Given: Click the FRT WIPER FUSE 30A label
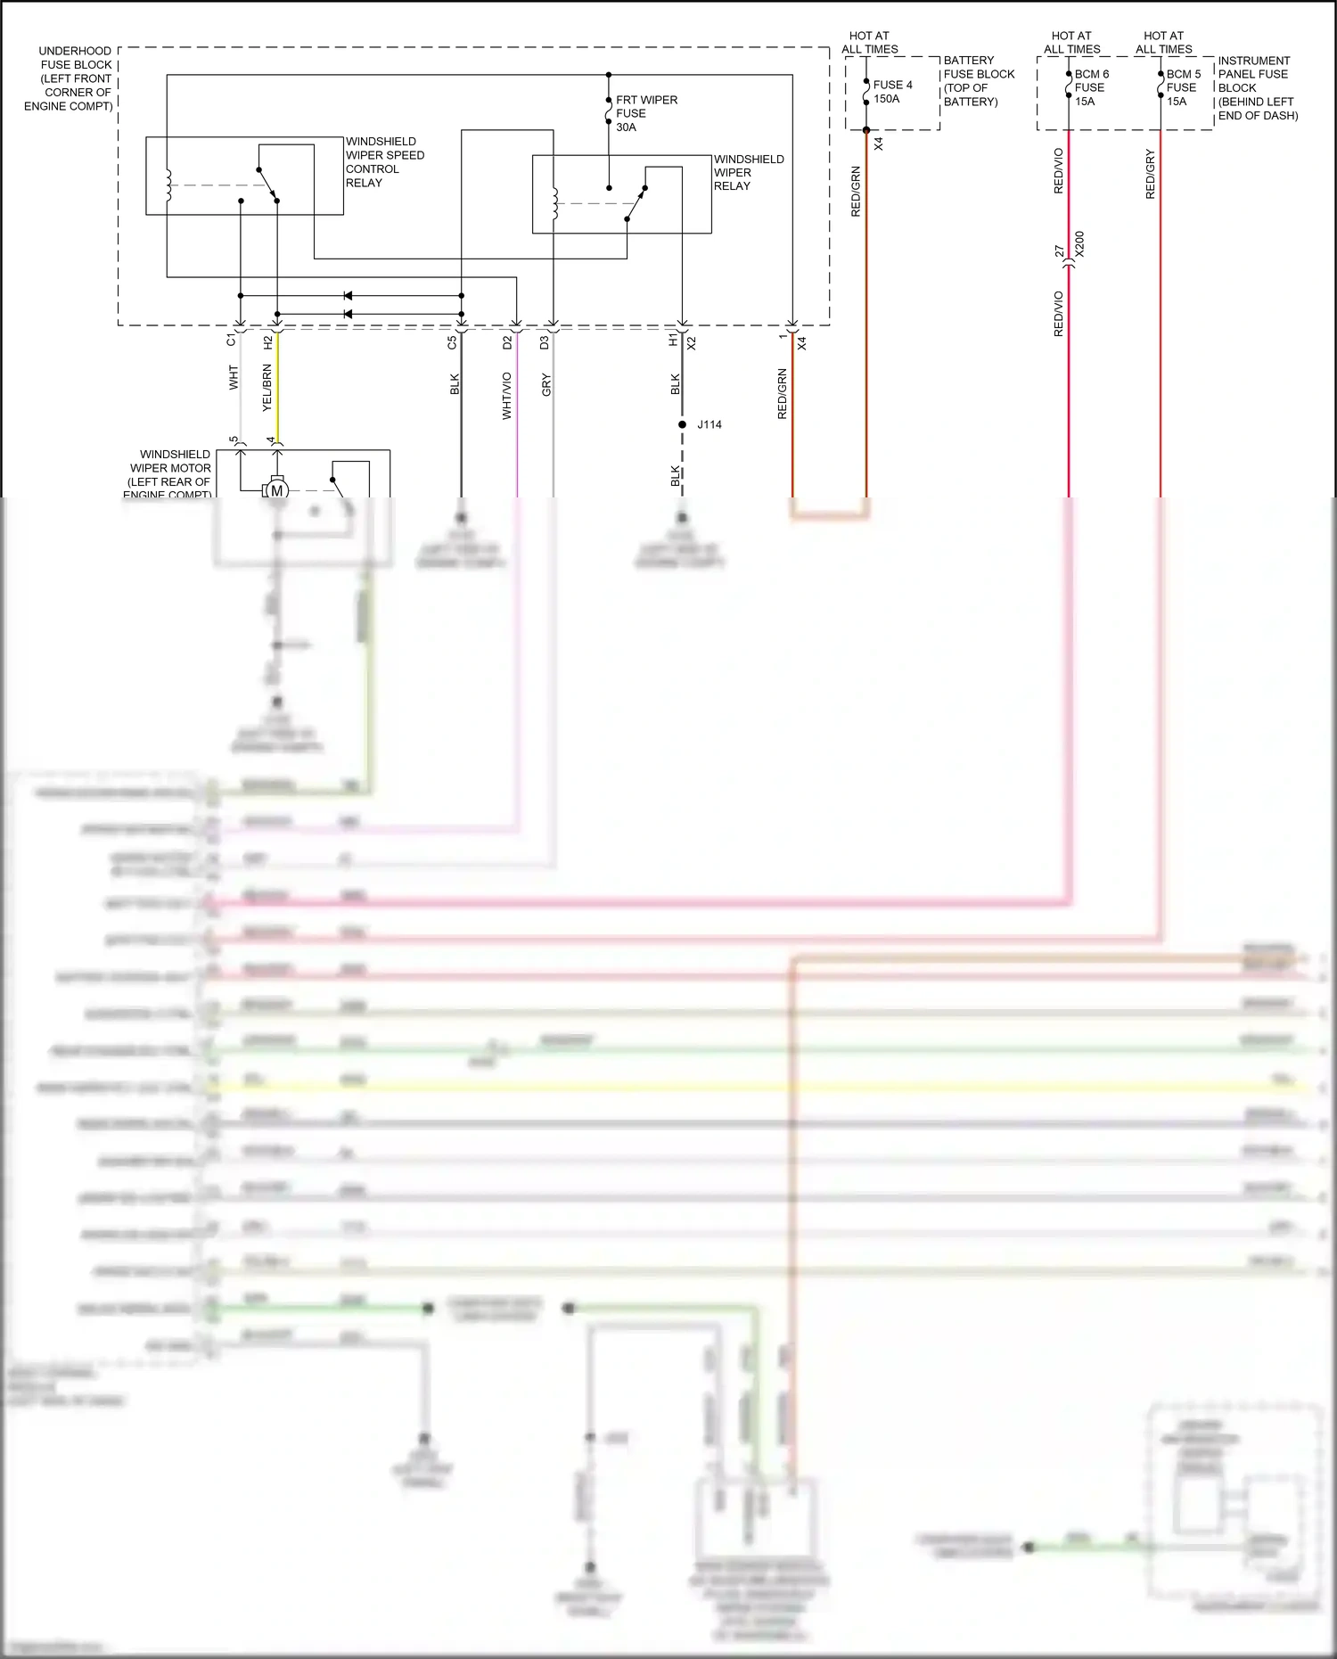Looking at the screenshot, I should click(645, 113).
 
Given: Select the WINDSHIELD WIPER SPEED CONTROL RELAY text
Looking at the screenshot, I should click(384, 161).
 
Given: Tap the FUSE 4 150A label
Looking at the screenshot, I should click(891, 92).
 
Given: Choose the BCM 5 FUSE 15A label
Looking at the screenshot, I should click(1183, 87).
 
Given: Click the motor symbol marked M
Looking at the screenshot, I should click(276, 490).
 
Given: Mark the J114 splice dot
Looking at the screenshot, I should click(682, 424).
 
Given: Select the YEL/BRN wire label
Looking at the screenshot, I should click(267, 388).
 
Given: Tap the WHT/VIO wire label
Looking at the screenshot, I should click(506, 396).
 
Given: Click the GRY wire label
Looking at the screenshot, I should click(545, 385).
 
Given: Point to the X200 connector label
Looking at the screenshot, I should click(1079, 244).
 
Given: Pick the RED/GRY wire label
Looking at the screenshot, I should click(1150, 174).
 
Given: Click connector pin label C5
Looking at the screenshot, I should click(452, 341).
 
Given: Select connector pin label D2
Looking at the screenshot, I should click(506, 341).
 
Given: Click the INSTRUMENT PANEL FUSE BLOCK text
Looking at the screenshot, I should click(1257, 87).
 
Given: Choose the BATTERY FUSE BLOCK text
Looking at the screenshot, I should click(978, 80).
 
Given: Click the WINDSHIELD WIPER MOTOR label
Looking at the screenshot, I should click(169, 472).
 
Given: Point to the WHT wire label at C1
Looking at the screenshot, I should click(234, 377).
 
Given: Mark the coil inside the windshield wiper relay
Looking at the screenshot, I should click(554, 203).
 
